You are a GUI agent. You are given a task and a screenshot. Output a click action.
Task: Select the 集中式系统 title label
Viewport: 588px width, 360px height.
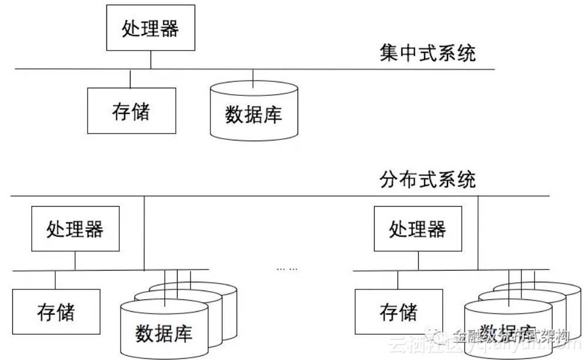(x=427, y=54)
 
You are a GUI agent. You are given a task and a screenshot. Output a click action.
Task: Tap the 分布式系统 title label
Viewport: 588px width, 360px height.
(x=427, y=179)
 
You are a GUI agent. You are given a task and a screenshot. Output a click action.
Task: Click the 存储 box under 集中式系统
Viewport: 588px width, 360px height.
(x=131, y=111)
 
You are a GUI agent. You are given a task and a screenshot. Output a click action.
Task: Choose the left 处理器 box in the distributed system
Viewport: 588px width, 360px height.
(x=75, y=229)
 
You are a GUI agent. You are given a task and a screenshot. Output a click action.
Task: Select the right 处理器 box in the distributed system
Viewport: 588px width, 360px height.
(x=417, y=229)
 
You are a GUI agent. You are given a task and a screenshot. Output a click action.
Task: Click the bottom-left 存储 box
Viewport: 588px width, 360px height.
(x=56, y=311)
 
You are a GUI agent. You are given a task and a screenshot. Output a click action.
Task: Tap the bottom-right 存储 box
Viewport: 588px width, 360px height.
(x=399, y=311)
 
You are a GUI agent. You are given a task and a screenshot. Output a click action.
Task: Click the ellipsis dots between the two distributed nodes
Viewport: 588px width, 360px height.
(x=287, y=268)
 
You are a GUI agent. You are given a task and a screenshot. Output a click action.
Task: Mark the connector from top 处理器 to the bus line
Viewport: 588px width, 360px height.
(x=151, y=59)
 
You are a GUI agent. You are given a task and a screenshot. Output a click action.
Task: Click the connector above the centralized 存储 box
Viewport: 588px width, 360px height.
(x=131, y=79)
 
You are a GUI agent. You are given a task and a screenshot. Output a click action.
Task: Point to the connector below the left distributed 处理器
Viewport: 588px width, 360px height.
(x=75, y=261)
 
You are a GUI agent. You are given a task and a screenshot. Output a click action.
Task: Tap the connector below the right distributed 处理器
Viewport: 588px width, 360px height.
(x=417, y=261)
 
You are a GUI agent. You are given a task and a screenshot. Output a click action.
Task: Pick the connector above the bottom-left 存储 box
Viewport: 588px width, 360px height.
(x=56, y=280)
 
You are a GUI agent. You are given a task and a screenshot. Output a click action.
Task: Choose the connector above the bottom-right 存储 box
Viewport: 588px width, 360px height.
(x=399, y=280)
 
